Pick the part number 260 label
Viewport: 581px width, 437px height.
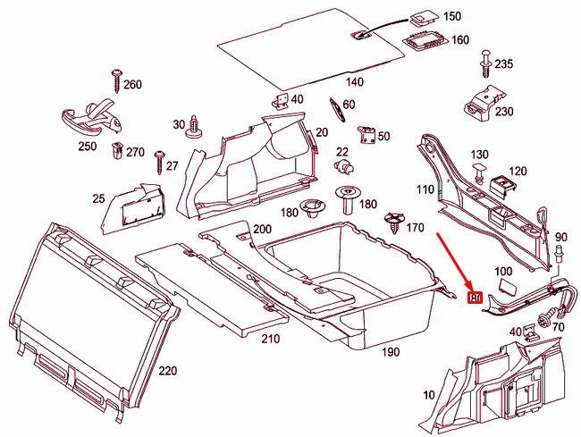[132, 85]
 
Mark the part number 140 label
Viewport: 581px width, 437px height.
[355, 82]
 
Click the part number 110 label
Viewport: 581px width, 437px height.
[424, 189]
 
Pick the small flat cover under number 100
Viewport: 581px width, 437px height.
[505, 286]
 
